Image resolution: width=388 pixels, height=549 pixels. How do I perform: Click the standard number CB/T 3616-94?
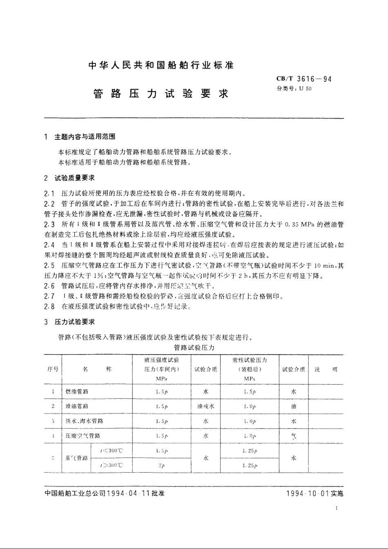(304, 79)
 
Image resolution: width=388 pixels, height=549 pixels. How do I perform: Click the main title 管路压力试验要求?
(161, 94)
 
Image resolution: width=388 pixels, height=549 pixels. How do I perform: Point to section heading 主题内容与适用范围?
(85, 137)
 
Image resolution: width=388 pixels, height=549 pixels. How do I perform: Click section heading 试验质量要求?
(75, 178)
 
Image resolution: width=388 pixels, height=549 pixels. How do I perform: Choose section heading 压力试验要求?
(75, 322)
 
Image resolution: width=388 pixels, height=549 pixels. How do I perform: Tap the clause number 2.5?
(49, 266)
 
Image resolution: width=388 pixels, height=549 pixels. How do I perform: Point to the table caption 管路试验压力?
(194, 348)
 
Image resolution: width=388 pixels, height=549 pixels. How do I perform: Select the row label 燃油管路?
(77, 391)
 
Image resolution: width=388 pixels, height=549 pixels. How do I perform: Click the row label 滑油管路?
(77, 406)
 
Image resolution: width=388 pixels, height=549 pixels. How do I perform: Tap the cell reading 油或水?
(205, 406)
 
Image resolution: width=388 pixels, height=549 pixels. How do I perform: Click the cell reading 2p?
(162, 465)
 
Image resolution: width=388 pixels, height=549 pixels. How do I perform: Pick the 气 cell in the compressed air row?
(293, 436)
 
